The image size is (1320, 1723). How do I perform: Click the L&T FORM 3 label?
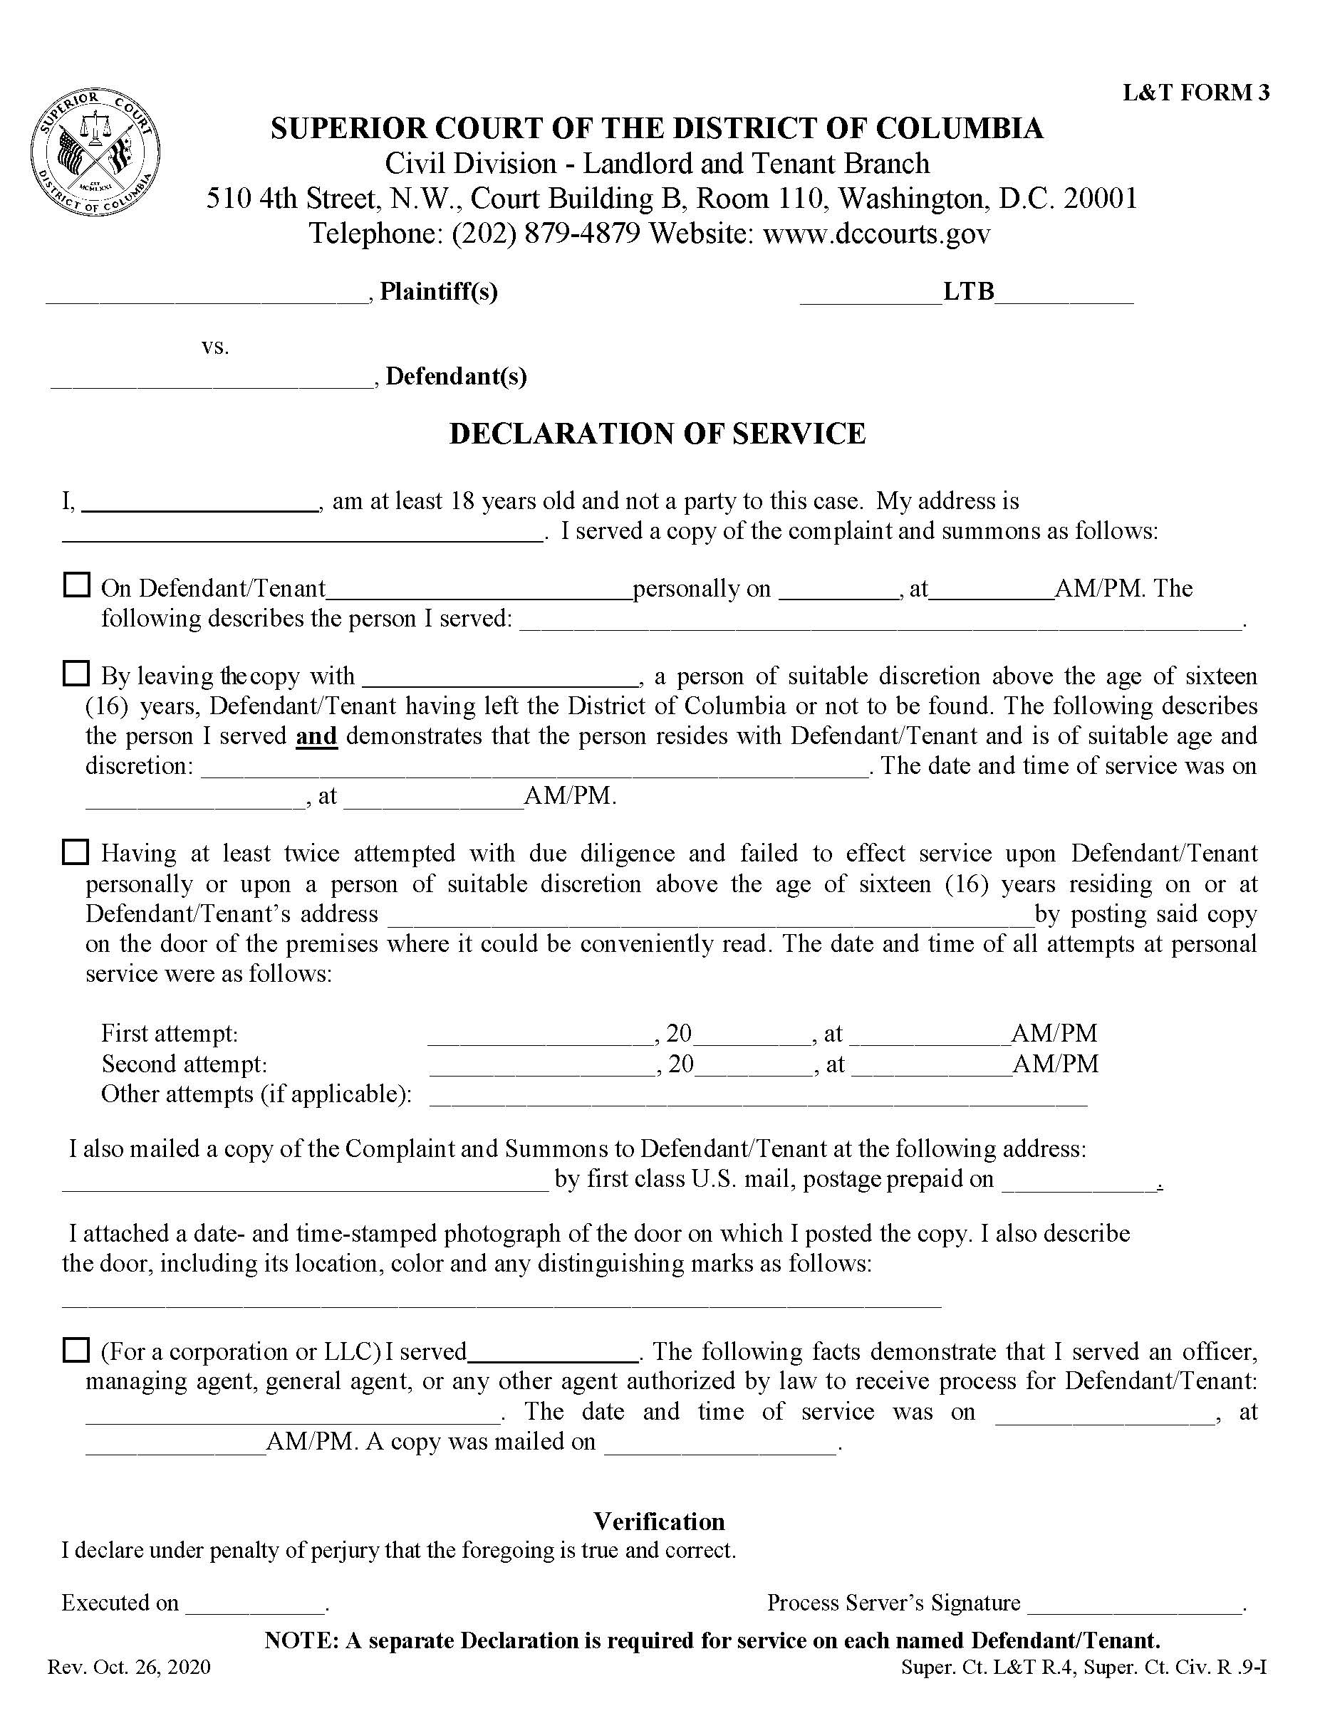(x=1195, y=93)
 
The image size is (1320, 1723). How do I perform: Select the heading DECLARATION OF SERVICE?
(x=657, y=434)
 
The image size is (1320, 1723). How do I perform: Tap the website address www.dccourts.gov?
(x=876, y=234)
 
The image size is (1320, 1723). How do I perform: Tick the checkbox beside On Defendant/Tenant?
(x=76, y=585)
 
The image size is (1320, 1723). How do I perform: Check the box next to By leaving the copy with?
(x=76, y=673)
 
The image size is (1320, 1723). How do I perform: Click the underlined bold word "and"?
(x=316, y=737)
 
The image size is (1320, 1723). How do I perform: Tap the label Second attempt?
(x=185, y=1064)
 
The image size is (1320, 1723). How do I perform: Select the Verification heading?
(x=658, y=1522)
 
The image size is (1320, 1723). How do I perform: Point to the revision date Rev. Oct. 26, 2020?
(x=129, y=1667)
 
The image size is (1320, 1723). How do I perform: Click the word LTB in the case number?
(x=968, y=292)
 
